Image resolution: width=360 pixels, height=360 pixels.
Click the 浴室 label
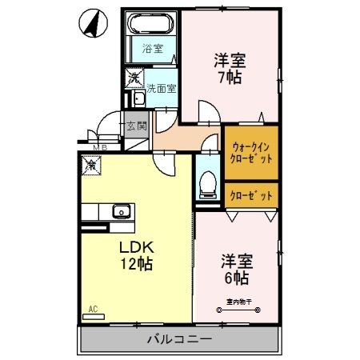(x=154, y=49)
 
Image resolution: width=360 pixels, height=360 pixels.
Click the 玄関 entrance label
(x=136, y=126)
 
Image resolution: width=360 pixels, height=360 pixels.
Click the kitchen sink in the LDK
(x=122, y=212)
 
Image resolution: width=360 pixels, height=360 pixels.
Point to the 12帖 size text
(x=136, y=264)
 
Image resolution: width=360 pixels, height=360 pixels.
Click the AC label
(x=92, y=309)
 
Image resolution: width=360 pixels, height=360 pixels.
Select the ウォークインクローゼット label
(x=251, y=153)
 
